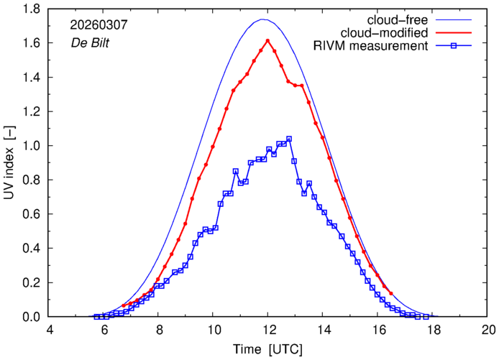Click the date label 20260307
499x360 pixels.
coord(99,24)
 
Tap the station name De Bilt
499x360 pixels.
coord(92,41)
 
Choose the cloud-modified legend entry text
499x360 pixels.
coord(389,32)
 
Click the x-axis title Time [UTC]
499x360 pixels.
coord(267,349)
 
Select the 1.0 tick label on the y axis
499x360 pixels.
coord(30,146)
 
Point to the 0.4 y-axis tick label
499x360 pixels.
coord(30,249)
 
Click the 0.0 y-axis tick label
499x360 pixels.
coord(30,317)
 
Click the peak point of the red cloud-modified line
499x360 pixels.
coord(267,40)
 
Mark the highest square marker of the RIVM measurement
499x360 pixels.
coord(289,139)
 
